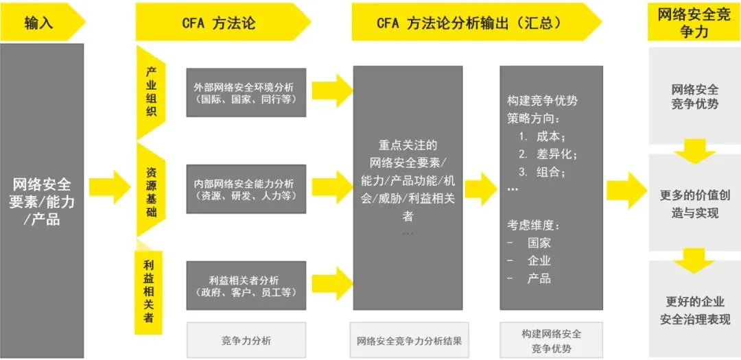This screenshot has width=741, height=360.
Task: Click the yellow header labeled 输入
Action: pyautogui.click(x=40, y=23)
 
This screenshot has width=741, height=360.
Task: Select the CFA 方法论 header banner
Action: pyautogui.click(x=218, y=23)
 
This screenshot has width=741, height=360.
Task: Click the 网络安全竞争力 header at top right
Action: pyautogui.click(x=694, y=23)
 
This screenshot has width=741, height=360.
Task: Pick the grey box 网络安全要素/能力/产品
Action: pyautogui.click(x=42, y=202)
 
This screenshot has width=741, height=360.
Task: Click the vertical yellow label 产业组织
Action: pyautogui.click(x=151, y=92)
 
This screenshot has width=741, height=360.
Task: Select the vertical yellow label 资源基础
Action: pyautogui.click(x=151, y=192)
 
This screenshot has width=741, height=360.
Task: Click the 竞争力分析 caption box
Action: pyautogui.click(x=246, y=340)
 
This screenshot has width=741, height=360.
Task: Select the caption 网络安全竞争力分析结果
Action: pyautogui.click(x=409, y=340)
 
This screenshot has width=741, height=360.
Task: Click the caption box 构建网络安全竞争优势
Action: pyautogui.click(x=551, y=340)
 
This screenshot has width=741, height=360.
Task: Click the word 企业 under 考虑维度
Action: pyautogui.click(x=539, y=261)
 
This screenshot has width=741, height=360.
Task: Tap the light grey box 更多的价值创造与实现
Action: pyautogui.click(x=694, y=204)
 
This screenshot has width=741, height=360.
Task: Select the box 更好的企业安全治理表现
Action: pyautogui.click(x=694, y=310)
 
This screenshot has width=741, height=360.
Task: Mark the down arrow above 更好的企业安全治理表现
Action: pyautogui.click(x=694, y=260)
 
